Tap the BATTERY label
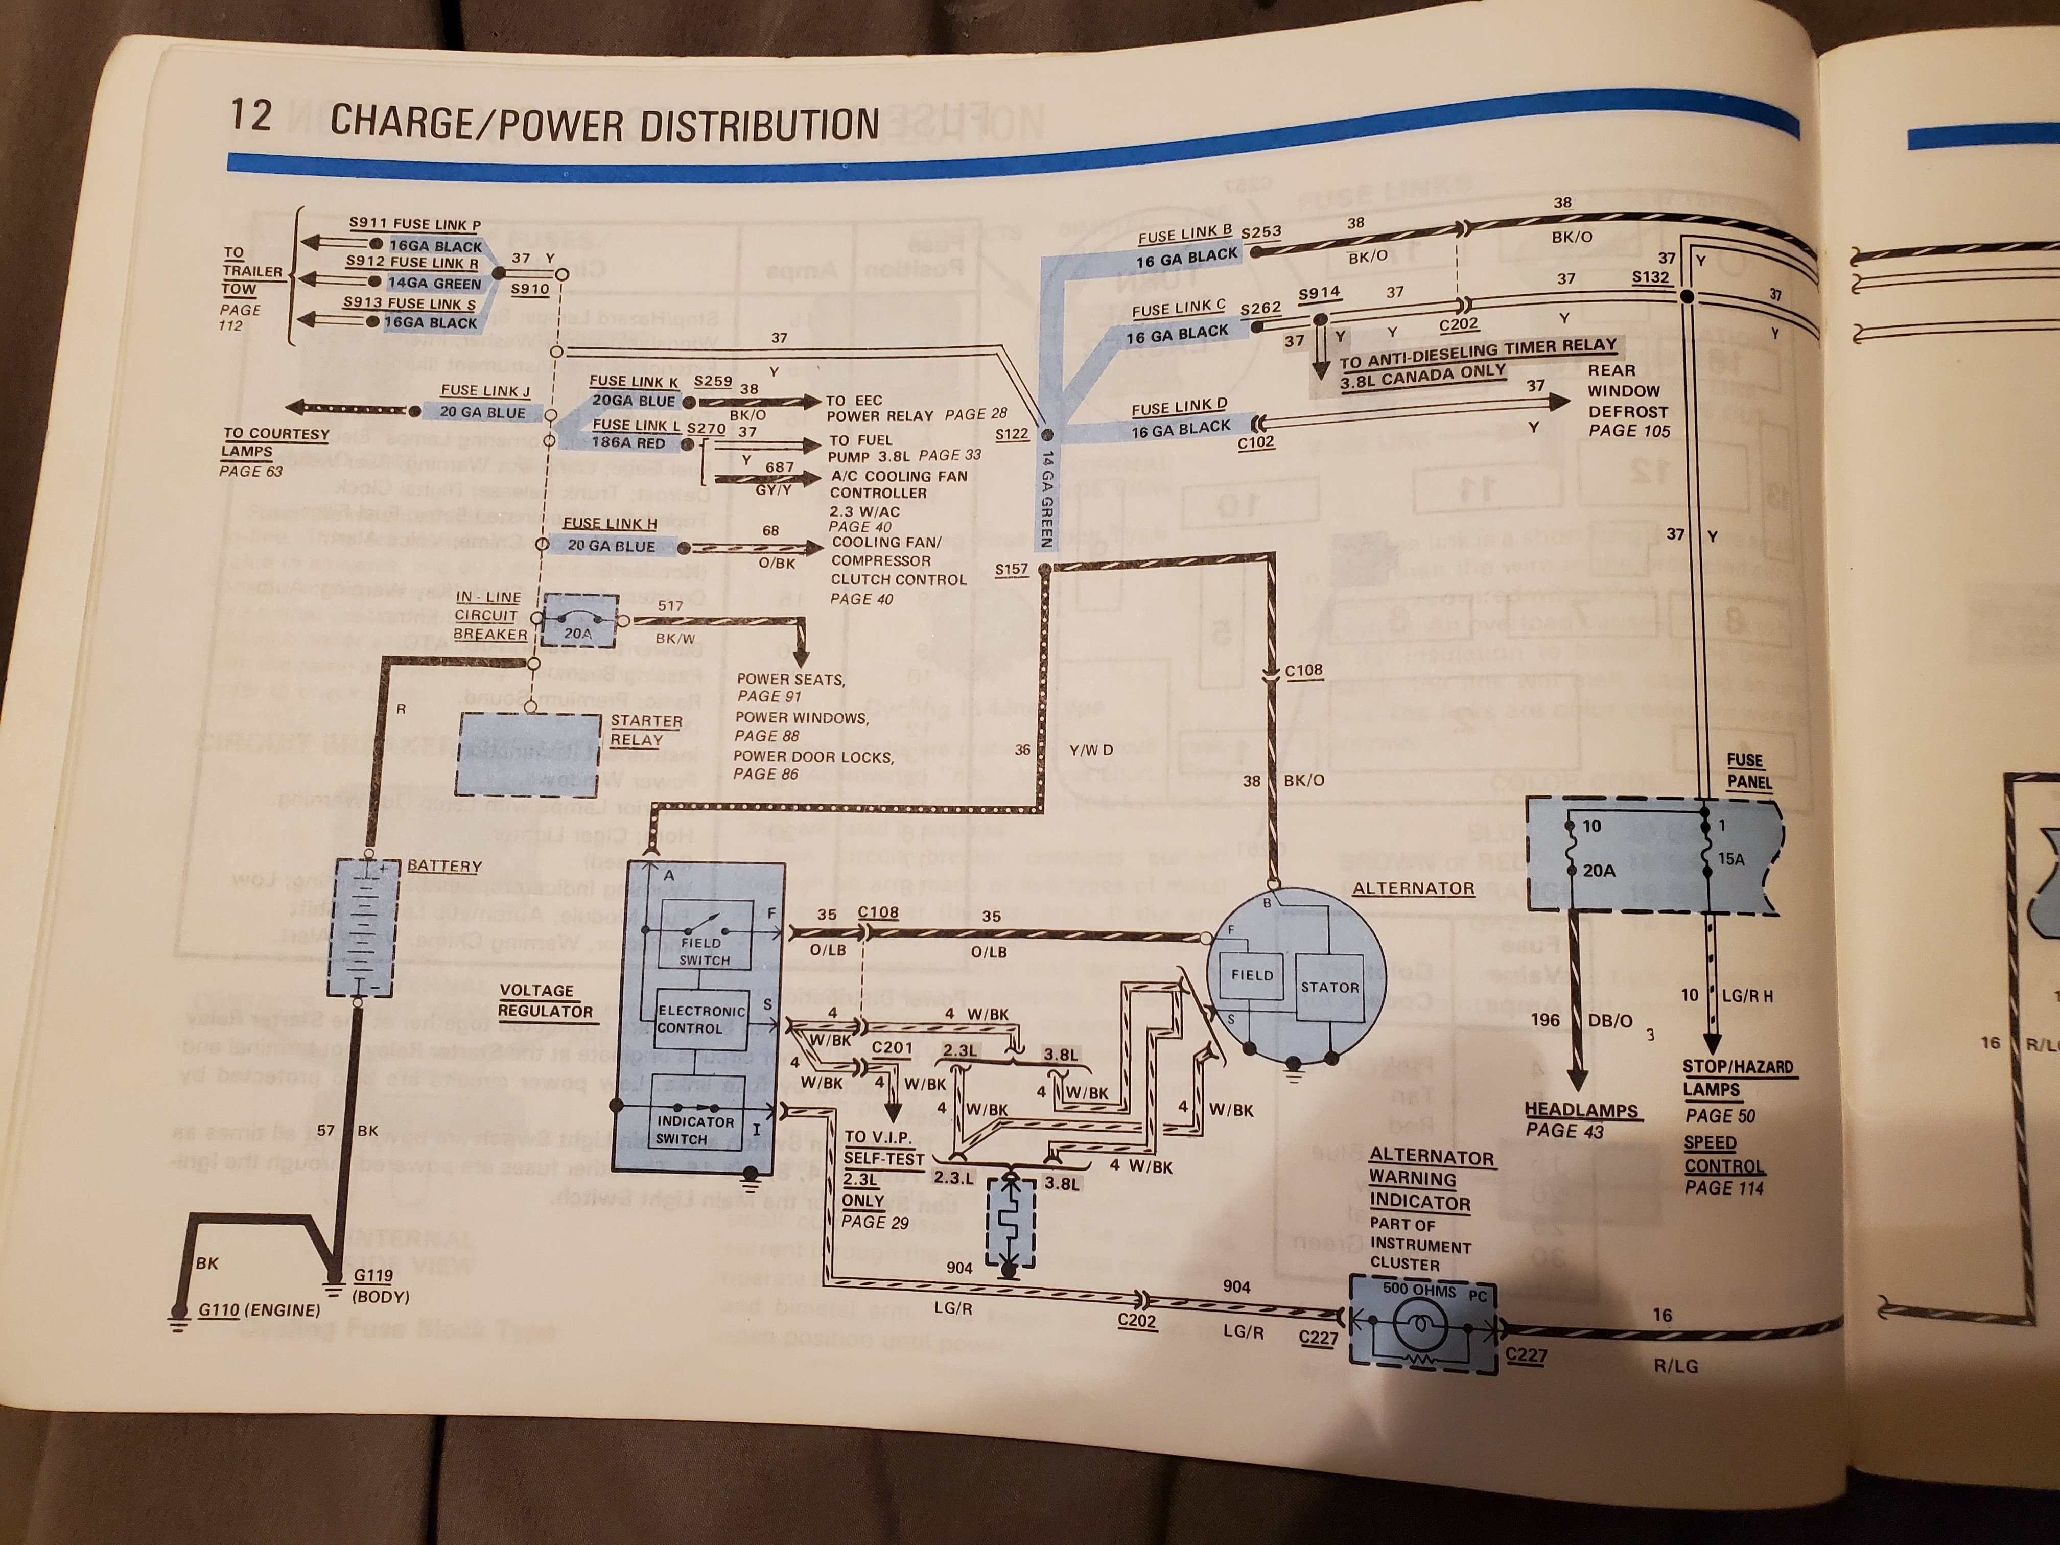(x=444, y=866)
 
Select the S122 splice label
(x=1012, y=434)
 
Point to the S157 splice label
(x=1012, y=569)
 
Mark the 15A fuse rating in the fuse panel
(x=1731, y=859)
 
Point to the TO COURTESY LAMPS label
(x=276, y=442)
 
